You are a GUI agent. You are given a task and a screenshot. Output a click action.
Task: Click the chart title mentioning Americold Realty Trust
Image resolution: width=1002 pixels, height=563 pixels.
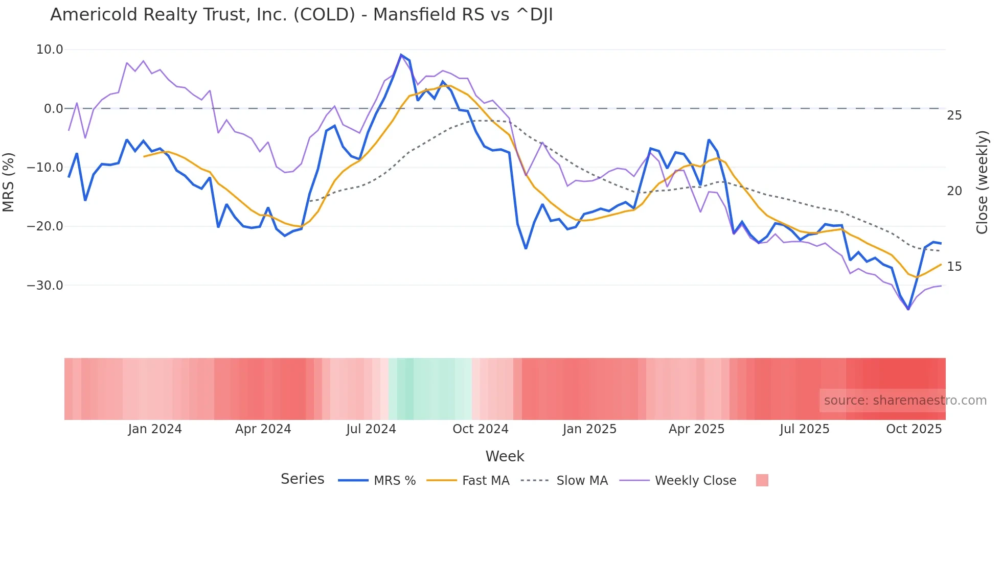(x=301, y=15)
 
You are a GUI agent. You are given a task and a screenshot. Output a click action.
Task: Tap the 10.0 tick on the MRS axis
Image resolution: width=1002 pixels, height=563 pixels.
(x=50, y=50)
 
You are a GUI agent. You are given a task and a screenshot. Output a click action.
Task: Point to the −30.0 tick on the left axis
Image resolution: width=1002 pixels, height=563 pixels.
(x=45, y=285)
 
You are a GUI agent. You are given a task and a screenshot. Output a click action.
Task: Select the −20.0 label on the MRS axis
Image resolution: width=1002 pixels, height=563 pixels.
(x=45, y=226)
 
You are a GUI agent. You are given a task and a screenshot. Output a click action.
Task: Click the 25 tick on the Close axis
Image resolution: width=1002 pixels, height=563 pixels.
(x=954, y=115)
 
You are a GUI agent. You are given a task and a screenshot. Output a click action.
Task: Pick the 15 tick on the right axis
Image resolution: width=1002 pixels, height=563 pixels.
(x=954, y=267)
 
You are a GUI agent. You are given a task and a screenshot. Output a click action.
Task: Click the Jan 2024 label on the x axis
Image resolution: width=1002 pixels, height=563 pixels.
(x=154, y=429)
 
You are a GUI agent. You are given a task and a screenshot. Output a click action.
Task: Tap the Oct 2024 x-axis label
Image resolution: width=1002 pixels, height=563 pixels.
(x=480, y=429)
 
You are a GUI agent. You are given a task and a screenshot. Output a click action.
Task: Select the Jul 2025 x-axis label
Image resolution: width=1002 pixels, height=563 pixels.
(x=804, y=429)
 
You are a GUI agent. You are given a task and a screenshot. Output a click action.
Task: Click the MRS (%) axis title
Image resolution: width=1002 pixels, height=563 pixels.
(x=9, y=182)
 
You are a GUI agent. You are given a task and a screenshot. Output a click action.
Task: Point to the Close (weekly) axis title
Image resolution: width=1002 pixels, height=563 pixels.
(x=982, y=182)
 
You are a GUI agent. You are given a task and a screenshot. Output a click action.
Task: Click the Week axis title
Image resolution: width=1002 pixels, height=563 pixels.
(x=505, y=456)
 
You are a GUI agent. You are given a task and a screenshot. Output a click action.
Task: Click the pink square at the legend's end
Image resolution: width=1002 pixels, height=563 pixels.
(x=762, y=480)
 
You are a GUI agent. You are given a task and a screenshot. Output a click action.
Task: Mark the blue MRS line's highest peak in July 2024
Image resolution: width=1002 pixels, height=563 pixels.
(x=401, y=55)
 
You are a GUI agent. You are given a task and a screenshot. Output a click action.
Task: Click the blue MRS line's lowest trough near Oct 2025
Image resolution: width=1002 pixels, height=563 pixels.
(x=908, y=309)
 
